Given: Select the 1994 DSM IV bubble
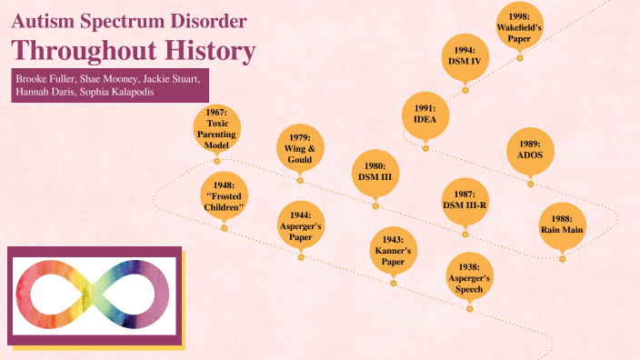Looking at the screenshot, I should point(465,56).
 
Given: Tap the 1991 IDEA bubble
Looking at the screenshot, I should point(425,113).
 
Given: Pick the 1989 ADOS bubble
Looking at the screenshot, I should point(531,149).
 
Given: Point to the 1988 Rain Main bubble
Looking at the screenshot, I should point(562,224).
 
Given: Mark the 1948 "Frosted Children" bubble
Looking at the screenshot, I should point(224,195).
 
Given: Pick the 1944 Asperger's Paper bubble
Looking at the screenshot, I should point(301,225).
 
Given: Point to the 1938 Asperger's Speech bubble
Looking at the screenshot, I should point(470,277).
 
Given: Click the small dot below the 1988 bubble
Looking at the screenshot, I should point(562,259).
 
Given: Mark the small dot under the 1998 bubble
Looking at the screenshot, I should point(520,58).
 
